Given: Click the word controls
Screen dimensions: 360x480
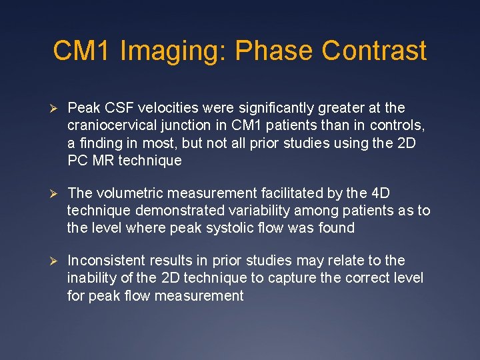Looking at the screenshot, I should [x=399, y=125].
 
